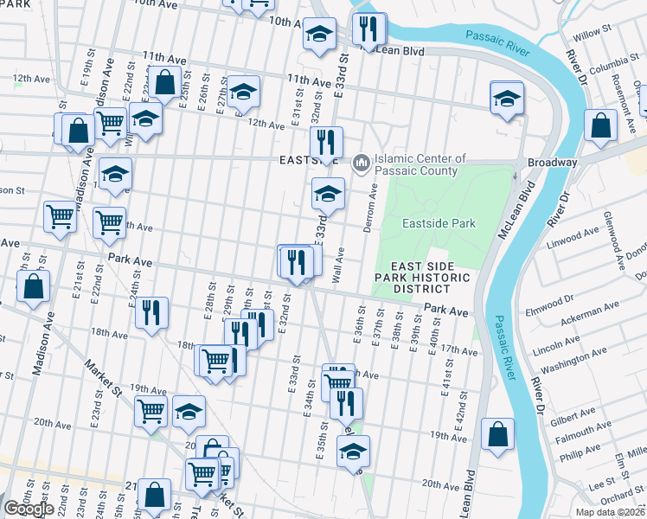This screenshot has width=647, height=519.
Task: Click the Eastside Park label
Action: (x=439, y=223)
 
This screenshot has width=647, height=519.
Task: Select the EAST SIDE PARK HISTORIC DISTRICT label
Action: (x=430, y=277)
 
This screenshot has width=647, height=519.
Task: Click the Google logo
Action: (x=29, y=509)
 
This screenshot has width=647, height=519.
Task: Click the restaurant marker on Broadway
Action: (x=326, y=142)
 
